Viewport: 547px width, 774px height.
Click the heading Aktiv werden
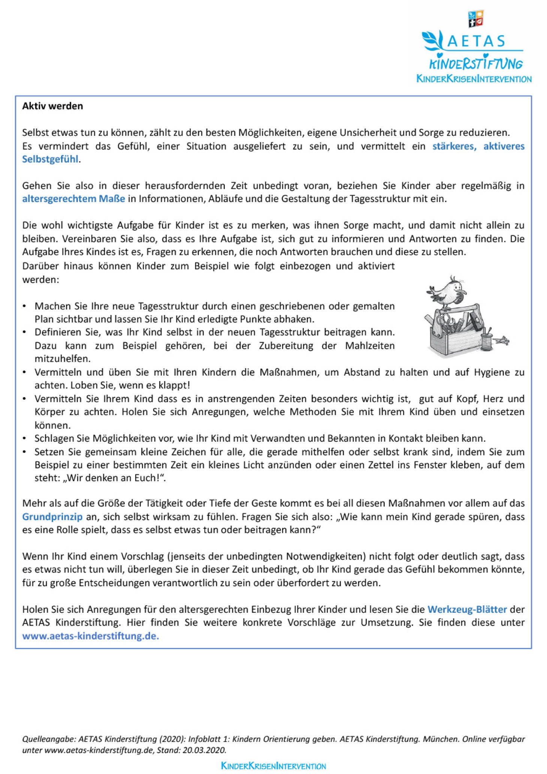(52, 106)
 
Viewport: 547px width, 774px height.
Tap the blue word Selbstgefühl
(50, 159)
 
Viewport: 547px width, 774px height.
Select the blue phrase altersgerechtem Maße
(73, 199)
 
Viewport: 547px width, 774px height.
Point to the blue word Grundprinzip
(52, 517)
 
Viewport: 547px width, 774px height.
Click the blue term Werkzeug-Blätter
(467, 609)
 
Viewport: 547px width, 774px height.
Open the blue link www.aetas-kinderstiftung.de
(90, 636)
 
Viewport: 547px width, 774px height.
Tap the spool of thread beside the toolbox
(487, 340)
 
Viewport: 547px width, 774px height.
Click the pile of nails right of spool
(502, 340)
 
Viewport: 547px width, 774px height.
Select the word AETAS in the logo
(476, 41)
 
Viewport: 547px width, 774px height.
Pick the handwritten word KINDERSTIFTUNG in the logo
(475, 63)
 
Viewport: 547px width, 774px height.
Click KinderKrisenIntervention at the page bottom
(273, 766)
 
